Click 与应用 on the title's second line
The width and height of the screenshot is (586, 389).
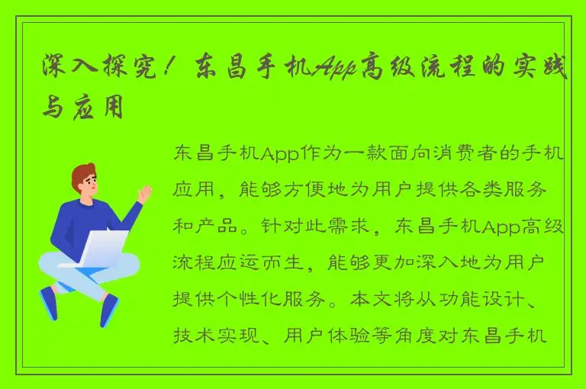[82, 108]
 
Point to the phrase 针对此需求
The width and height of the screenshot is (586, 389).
[320, 227]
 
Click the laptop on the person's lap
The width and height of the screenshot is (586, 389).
[99, 249]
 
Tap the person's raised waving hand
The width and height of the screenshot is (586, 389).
[143, 194]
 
